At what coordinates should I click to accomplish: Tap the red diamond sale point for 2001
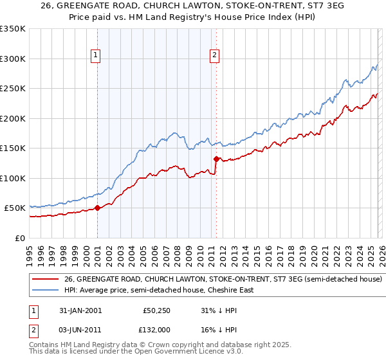97,208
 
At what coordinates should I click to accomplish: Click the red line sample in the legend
46,280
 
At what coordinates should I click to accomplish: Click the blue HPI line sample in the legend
46,291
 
